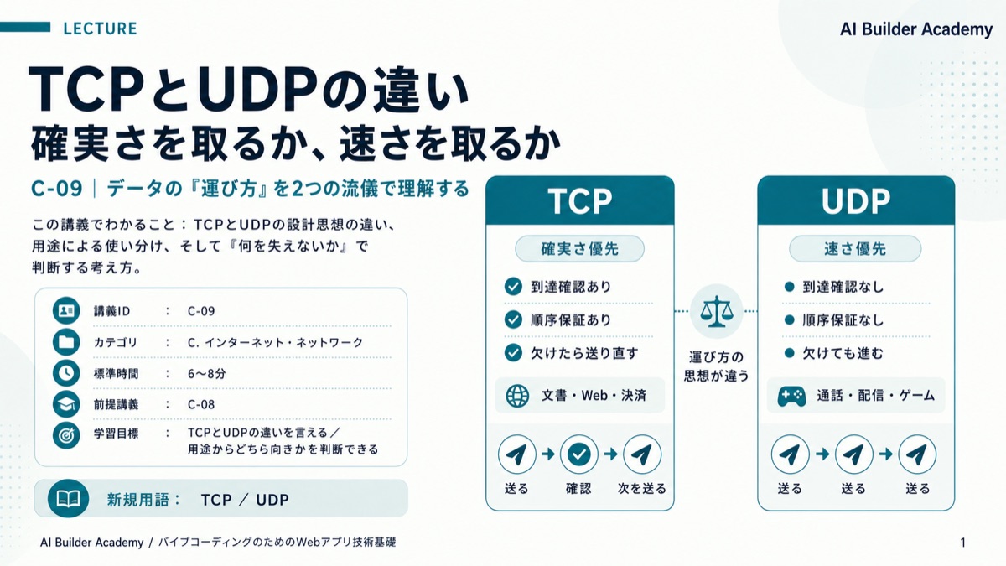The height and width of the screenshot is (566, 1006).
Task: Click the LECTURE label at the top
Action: point(100,29)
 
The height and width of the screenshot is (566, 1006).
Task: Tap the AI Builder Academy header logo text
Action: point(916,29)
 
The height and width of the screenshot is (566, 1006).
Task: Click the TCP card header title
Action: point(580,200)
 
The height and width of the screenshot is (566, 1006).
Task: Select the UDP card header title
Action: point(856,200)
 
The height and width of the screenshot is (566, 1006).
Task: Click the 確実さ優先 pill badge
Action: point(580,248)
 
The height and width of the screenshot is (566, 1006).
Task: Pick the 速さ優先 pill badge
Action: point(855,248)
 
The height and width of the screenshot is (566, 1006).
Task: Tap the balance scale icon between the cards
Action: point(717,311)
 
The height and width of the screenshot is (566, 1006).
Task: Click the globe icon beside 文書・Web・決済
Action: point(517,396)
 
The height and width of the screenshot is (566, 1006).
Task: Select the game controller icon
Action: point(791,396)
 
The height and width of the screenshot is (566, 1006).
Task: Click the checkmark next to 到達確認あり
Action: point(513,286)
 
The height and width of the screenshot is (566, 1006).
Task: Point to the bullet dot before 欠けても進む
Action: point(789,353)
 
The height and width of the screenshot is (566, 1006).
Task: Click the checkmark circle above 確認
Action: point(579,454)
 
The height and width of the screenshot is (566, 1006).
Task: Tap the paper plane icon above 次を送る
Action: point(642,454)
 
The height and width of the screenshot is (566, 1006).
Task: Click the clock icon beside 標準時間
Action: point(66,373)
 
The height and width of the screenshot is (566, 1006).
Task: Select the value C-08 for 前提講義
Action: point(201,405)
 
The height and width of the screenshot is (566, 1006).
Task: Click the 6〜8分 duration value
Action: point(206,374)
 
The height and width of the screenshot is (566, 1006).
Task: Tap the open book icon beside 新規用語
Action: point(68,499)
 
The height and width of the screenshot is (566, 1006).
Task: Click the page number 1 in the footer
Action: point(963,543)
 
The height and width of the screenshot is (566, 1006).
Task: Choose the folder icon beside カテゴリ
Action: point(66,342)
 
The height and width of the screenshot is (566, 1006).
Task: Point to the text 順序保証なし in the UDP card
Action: point(843,319)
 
